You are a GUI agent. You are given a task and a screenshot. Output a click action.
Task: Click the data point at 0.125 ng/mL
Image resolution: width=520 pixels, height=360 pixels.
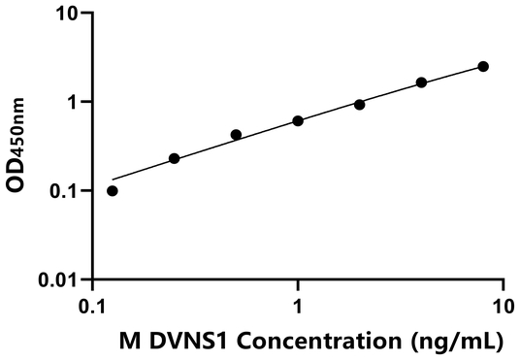tap(113, 190)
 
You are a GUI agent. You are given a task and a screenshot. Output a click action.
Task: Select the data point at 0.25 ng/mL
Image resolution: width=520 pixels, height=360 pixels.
tap(175, 158)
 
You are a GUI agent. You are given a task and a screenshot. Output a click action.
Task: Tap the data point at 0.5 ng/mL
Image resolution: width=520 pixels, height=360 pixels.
tap(236, 135)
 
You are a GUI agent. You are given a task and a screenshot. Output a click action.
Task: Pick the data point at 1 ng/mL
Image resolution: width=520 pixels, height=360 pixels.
tap(298, 120)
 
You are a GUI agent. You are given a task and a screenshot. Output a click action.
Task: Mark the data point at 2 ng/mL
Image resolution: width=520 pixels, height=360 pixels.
tap(360, 104)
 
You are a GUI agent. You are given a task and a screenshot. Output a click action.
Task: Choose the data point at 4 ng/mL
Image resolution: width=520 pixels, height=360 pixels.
tap(421, 82)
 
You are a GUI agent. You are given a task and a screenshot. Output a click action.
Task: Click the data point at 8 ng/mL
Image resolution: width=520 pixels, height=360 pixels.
tap(483, 66)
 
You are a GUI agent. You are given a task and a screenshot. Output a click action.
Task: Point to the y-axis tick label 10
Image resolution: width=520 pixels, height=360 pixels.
tap(68, 14)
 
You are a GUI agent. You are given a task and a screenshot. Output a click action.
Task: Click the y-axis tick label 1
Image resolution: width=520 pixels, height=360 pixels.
tap(74, 102)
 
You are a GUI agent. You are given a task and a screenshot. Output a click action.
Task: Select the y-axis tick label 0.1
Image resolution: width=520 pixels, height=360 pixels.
tap(66, 191)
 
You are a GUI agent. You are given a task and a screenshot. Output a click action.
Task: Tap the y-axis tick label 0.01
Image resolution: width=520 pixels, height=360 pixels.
tap(61, 280)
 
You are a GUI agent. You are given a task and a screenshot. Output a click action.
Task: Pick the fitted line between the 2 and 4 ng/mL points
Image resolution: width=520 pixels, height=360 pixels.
tap(391, 94)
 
